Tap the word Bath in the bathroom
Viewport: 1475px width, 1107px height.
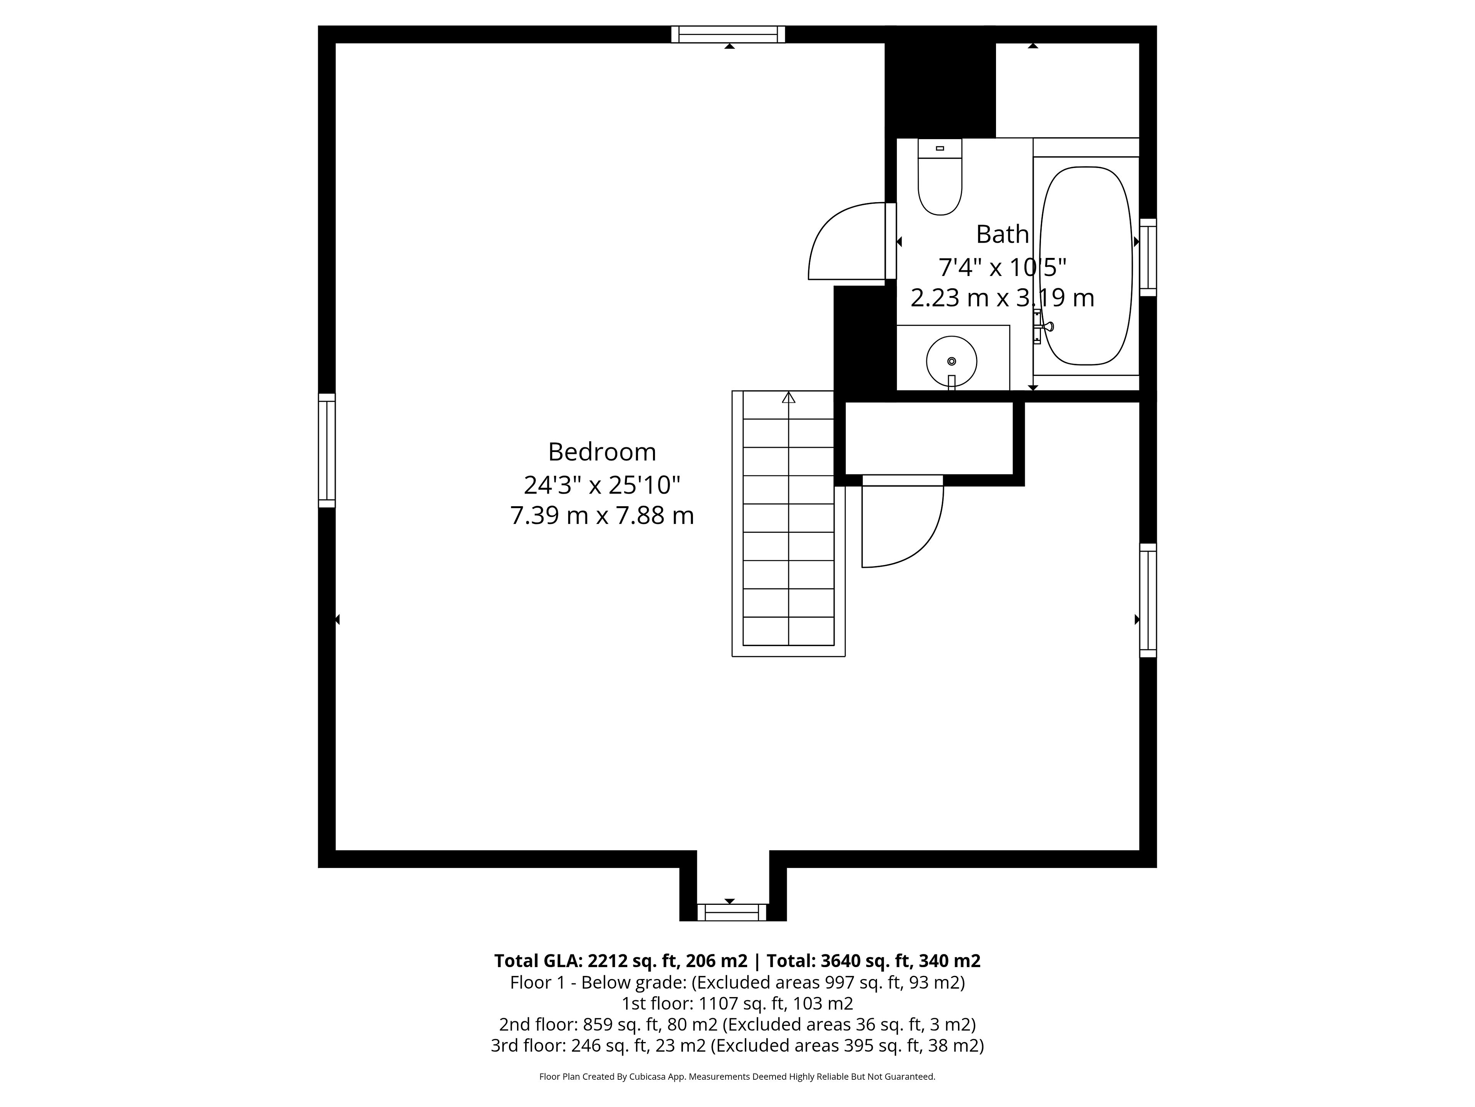tap(1002, 234)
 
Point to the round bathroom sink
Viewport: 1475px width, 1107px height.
tap(951, 361)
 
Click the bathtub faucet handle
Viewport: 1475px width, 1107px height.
tap(1042, 326)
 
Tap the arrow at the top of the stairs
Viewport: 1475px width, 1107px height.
tap(789, 398)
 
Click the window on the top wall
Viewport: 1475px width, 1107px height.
tap(728, 34)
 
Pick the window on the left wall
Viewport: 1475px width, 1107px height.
tap(327, 450)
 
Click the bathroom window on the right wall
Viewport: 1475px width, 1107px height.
tap(1148, 257)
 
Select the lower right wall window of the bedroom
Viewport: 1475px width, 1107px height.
tap(1148, 600)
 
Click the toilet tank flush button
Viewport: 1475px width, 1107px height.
tap(940, 148)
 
